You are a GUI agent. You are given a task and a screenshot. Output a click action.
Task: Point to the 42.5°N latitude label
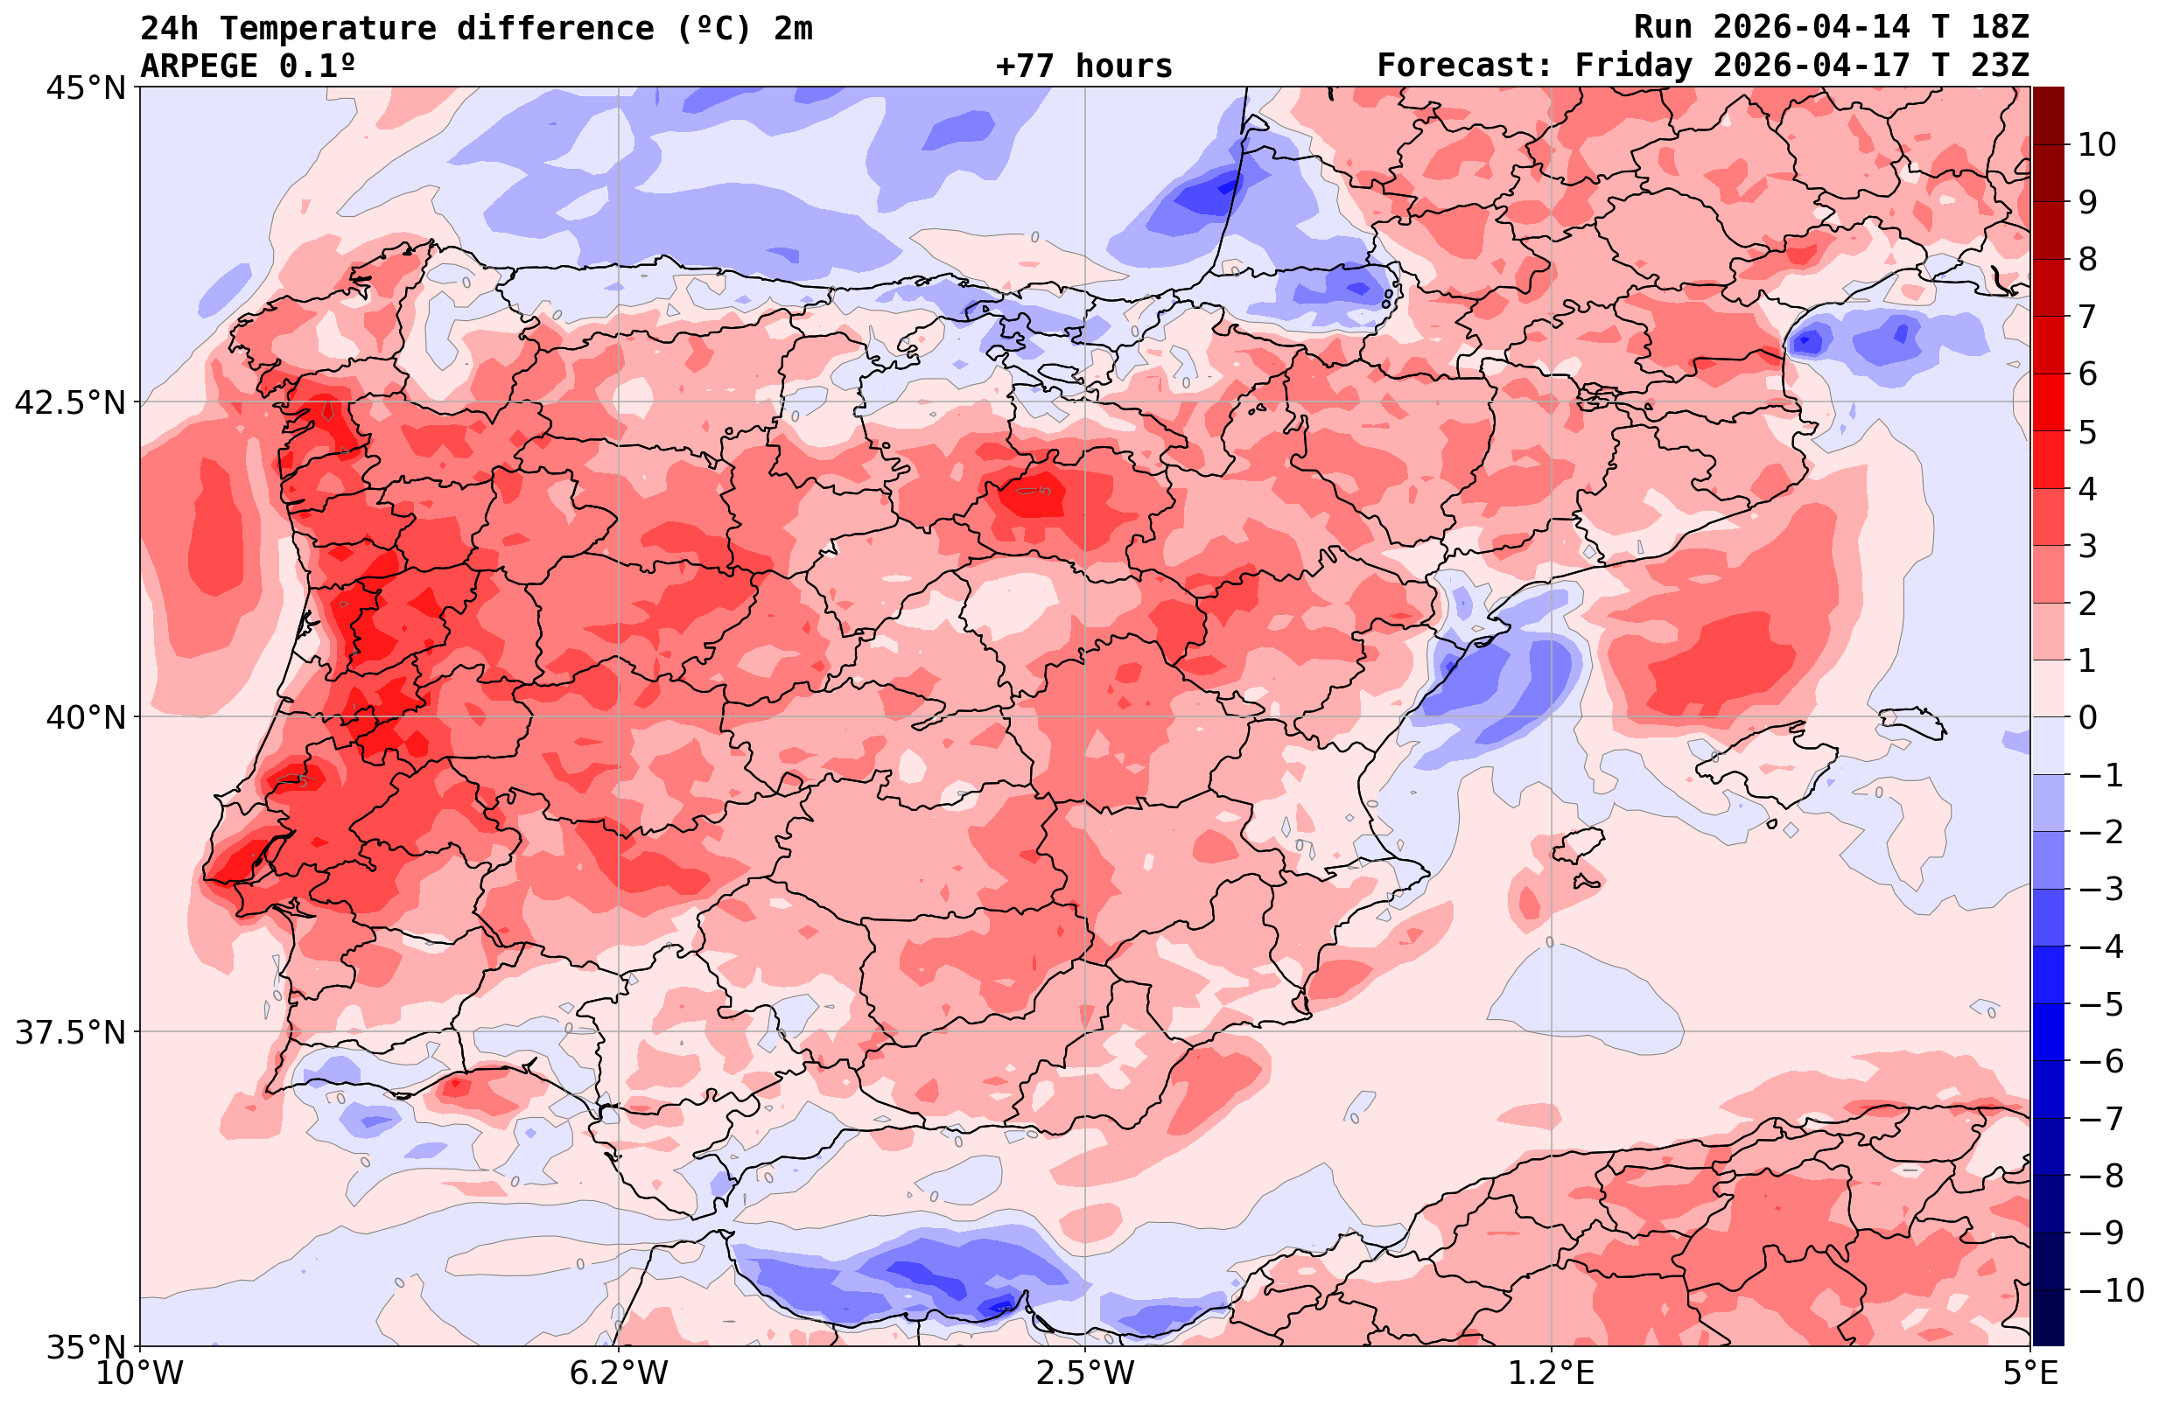click(x=70, y=402)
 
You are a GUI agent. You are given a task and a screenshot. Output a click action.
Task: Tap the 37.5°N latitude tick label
click(x=70, y=1032)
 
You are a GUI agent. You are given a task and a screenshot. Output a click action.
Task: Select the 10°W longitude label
click(x=139, y=1373)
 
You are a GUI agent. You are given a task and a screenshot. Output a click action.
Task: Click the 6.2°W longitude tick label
click(x=618, y=1373)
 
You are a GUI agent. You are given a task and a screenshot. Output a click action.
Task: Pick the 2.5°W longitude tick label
click(x=1085, y=1373)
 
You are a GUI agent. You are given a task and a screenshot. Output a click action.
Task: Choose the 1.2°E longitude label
click(x=1552, y=1373)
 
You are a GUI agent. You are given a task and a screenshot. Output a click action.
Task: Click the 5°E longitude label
click(x=2030, y=1373)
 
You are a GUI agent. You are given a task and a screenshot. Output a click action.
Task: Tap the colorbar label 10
click(x=2098, y=144)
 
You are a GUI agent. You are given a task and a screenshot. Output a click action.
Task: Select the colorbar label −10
click(x=2110, y=1289)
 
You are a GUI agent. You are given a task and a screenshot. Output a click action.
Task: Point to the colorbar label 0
click(x=2087, y=717)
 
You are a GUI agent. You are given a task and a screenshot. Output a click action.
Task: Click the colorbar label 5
click(x=2087, y=432)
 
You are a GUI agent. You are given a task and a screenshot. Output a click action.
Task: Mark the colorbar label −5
click(x=2099, y=1004)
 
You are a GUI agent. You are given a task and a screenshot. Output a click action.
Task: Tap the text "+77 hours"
click(x=1084, y=66)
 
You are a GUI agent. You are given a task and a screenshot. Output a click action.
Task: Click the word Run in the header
click(x=1663, y=27)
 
